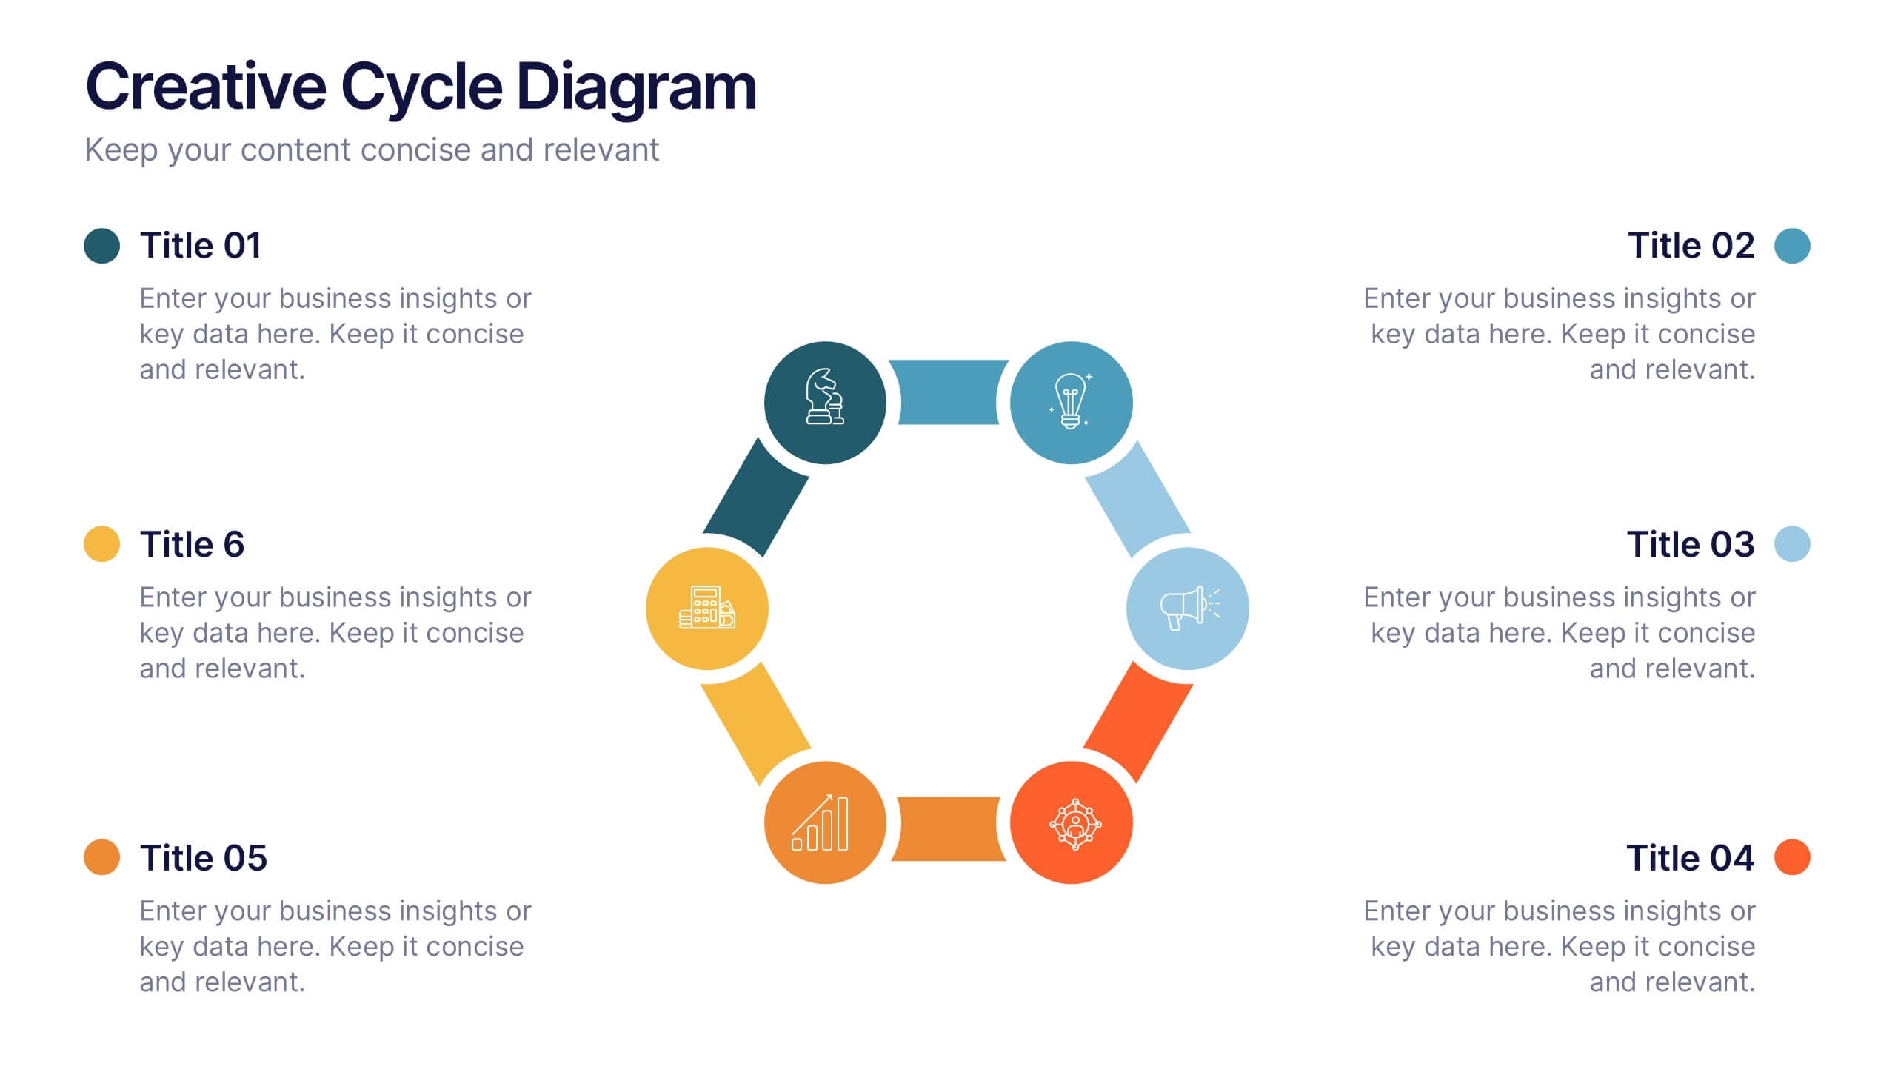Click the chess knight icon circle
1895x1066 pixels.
tap(825, 402)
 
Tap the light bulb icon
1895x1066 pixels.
tap(1071, 402)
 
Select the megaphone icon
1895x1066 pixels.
tap(1188, 609)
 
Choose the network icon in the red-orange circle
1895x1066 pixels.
tap(1074, 823)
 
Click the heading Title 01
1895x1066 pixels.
tap(201, 246)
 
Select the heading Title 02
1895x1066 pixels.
tap(1691, 246)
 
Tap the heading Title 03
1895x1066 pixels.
tap(1690, 545)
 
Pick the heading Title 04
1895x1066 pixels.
tap(1690, 858)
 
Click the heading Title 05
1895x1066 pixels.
tap(204, 858)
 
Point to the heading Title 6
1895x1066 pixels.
tap(193, 545)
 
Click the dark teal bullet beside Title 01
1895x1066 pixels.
tap(102, 246)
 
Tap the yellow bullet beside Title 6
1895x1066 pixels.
tap(102, 544)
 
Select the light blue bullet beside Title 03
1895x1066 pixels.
tap(1792, 544)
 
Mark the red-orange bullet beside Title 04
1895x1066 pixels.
tap(1792, 857)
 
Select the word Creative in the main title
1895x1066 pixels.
tap(206, 87)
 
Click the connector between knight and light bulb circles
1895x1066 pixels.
tap(948, 392)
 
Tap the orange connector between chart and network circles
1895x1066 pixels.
tap(948, 828)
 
